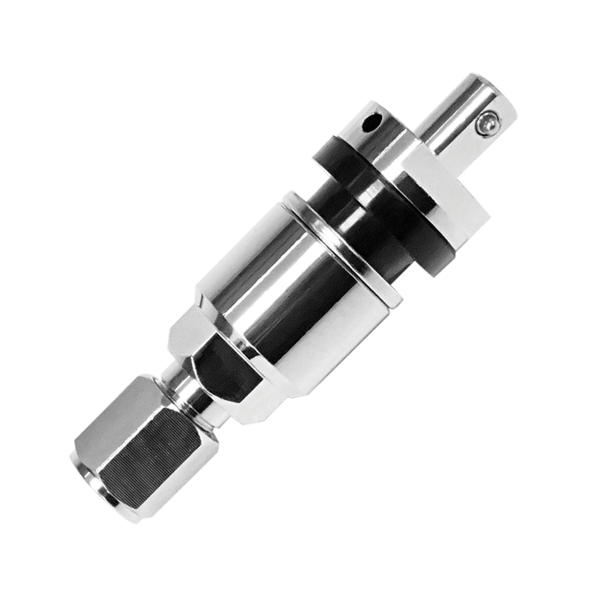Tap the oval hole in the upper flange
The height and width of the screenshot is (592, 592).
point(370,123)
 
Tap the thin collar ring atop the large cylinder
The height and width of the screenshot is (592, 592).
point(340,247)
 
